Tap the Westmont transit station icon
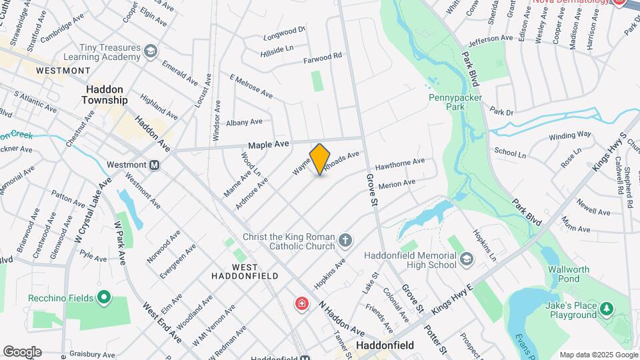pyautogui.click(x=155, y=165)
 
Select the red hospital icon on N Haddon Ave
pyautogui.click(x=302, y=304)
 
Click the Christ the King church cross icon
pyautogui.click(x=345, y=239)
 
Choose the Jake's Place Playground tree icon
pyautogui.click(x=606, y=309)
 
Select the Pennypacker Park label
pyautogui.click(x=455, y=101)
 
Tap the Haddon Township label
pyautogui.click(x=104, y=94)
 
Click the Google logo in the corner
pyautogui.click(x=22, y=351)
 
